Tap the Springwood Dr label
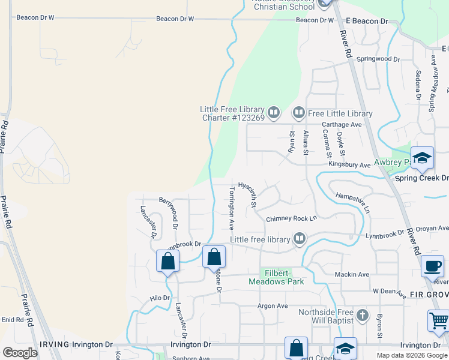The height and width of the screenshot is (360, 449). click(378, 59)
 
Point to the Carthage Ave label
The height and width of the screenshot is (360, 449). click(342, 125)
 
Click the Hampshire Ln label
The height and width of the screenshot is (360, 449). click(352, 203)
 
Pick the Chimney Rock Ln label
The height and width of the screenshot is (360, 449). click(291, 219)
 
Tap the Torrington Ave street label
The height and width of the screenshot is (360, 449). click(231, 208)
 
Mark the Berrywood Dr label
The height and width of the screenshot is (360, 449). click(169, 213)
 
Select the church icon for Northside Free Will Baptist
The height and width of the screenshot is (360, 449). click(361, 315)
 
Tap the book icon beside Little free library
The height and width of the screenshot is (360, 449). click(300, 239)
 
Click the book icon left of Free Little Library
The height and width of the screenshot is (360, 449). click(298, 113)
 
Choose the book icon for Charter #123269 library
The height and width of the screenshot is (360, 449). click(274, 112)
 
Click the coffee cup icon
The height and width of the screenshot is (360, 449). click(432, 265)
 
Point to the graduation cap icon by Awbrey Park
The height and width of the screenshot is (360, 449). click(422, 158)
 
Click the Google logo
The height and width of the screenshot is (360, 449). click(20, 352)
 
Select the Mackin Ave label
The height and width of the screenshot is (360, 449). click(352, 274)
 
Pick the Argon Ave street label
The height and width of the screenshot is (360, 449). click(273, 306)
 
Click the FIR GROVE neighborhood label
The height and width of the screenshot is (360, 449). click(429, 295)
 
